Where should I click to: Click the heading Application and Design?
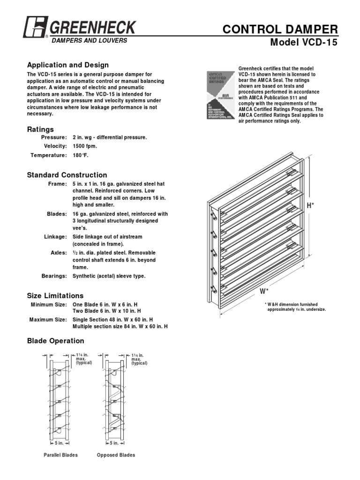[68, 65]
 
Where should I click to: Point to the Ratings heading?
[40, 129]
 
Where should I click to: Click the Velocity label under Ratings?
[55, 146]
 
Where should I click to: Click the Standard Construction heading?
[67, 175]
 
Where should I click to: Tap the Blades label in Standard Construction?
[57, 214]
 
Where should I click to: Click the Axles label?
[59, 253]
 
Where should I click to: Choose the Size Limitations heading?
[55, 296]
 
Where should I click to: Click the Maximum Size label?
[48, 320]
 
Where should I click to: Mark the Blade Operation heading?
[56, 341]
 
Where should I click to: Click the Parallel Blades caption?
[60, 455]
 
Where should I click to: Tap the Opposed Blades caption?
[116, 455]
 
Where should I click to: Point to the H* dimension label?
[310, 206]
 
